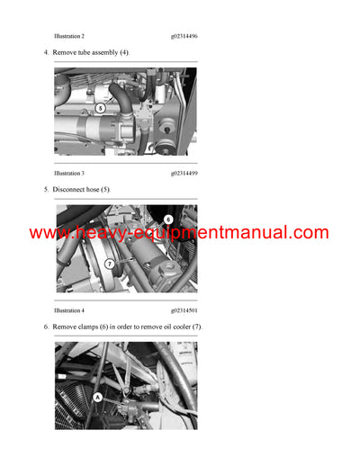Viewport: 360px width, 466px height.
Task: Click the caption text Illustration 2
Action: (x=69, y=36)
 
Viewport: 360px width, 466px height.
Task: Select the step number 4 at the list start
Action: (x=46, y=53)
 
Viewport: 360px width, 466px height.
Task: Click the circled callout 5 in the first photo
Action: (x=100, y=108)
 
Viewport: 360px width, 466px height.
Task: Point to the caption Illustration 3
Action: (x=69, y=173)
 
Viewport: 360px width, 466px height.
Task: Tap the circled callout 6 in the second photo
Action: (x=168, y=219)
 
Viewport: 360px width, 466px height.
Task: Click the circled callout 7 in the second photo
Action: (x=109, y=264)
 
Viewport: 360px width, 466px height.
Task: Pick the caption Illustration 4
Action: (x=69, y=309)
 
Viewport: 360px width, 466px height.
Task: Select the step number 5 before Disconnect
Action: (x=46, y=190)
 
